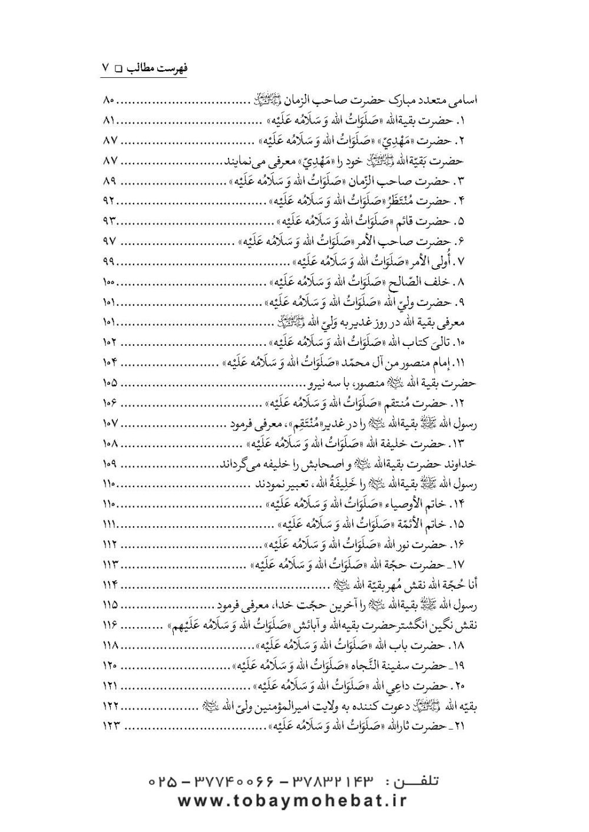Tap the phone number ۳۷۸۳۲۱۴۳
tap(324, 783)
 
